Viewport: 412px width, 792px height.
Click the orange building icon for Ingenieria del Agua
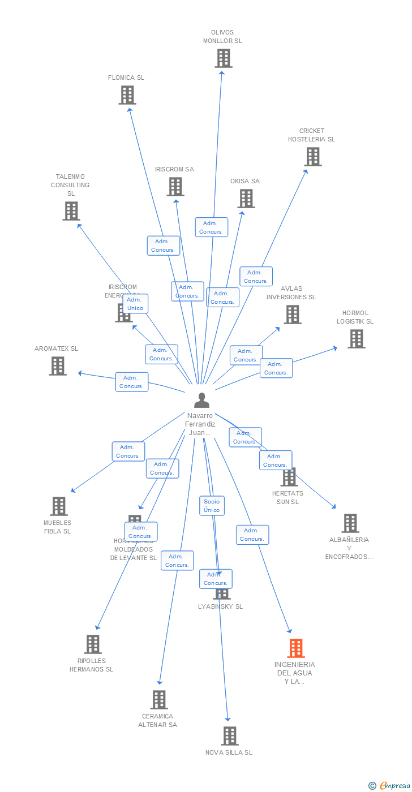click(x=295, y=648)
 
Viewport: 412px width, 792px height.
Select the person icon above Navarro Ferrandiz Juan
click(x=201, y=400)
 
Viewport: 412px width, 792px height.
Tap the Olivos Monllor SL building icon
click(x=224, y=58)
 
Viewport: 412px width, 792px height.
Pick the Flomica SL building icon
click(x=127, y=95)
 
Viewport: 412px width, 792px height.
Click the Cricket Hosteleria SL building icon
click(x=312, y=157)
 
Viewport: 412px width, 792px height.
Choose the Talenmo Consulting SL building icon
click(x=71, y=211)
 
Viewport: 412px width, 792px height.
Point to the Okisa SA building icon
click(x=246, y=199)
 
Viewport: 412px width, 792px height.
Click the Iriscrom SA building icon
click(x=175, y=187)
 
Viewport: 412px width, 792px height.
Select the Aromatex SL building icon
click(x=57, y=366)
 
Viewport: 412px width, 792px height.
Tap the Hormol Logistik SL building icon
click(x=356, y=339)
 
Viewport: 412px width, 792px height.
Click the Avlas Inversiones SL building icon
click(x=292, y=315)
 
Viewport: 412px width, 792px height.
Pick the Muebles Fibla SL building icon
click(x=58, y=506)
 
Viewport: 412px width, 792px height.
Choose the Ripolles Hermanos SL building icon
click(x=92, y=644)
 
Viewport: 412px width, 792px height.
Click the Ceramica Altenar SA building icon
click(x=159, y=700)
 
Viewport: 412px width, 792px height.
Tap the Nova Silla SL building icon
click(x=229, y=736)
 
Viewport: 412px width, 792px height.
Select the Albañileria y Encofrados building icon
click(x=350, y=523)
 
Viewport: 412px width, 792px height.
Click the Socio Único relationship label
click(x=212, y=506)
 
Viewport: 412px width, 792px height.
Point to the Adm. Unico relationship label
click(x=135, y=304)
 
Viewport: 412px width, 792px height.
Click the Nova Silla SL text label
click(x=229, y=752)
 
